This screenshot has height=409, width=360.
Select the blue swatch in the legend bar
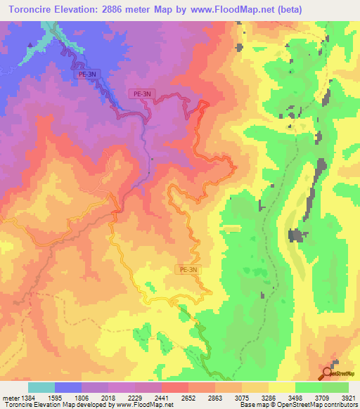(x=68, y=387)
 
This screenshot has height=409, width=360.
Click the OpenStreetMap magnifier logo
(x=328, y=372)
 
